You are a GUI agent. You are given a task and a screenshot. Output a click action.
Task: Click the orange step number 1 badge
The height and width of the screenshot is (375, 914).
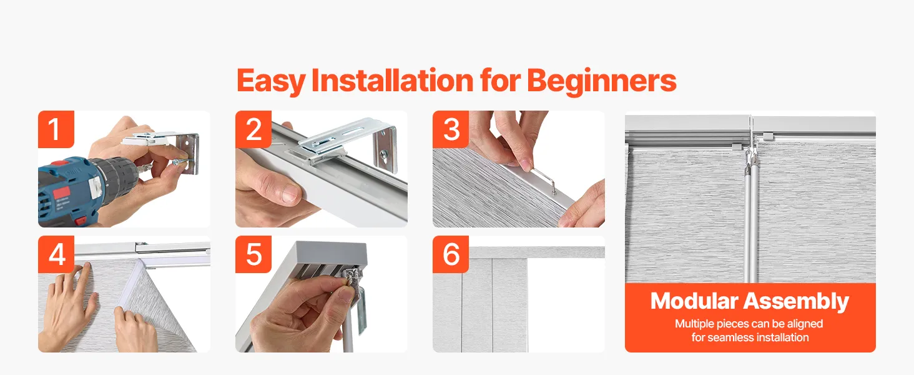(x=56, y=129)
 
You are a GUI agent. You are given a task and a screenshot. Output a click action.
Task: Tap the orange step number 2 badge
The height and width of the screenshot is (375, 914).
(x=253, y=129)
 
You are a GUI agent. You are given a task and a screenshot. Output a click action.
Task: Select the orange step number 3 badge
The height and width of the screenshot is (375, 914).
(x=451, y=129)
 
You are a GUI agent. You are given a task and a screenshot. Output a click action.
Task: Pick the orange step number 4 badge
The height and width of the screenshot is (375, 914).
(x=56, y=254)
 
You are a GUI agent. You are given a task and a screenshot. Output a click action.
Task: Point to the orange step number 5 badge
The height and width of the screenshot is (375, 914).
(x=253, y=254)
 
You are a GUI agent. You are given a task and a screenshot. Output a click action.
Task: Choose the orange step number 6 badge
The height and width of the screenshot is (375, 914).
(x=451, y=254)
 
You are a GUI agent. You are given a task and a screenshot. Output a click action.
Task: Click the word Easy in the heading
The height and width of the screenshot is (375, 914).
(x=271, y=81)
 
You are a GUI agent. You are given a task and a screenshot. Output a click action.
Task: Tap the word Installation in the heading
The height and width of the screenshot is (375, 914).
(x=393, y=80)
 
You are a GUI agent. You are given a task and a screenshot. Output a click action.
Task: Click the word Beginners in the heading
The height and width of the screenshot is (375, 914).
(x=602, y=81)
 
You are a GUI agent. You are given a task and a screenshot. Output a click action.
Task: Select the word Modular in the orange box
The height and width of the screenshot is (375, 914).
(x=694, y=301)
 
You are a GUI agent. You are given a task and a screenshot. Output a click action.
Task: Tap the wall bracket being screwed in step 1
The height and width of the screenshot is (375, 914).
(x=188, y=153)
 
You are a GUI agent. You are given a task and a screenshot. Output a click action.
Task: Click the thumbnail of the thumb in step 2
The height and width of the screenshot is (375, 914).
(x=289, y=192)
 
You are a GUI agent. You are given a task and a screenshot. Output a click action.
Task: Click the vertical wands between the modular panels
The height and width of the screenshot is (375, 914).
(x=751, y=221)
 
